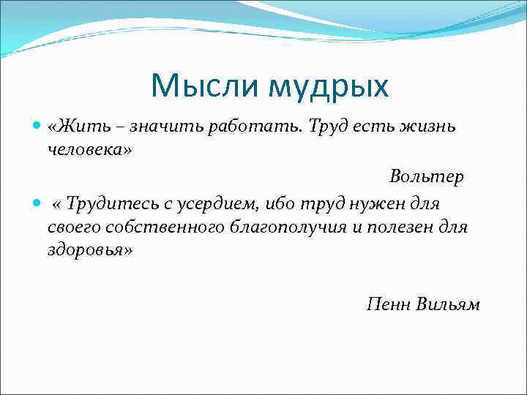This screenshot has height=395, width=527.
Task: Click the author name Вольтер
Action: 427,177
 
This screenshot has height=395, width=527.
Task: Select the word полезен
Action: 401,227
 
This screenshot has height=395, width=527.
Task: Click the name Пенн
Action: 388,305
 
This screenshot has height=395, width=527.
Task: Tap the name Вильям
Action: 449,305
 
